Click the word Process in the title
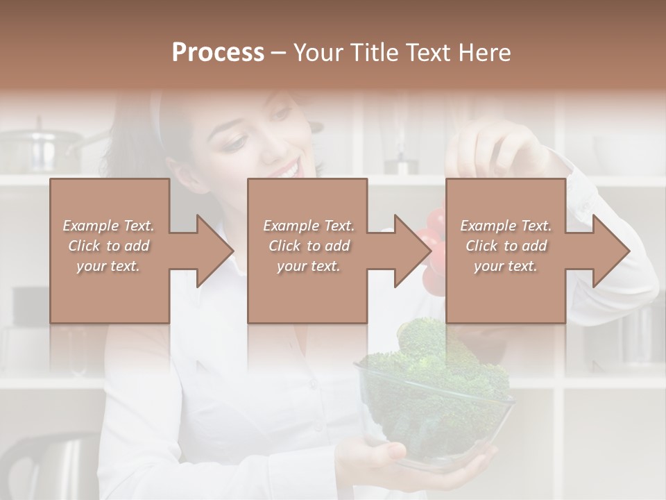(218, 52)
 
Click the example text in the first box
(109, 246)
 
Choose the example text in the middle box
(308, 246)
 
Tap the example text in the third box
(506, 246)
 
